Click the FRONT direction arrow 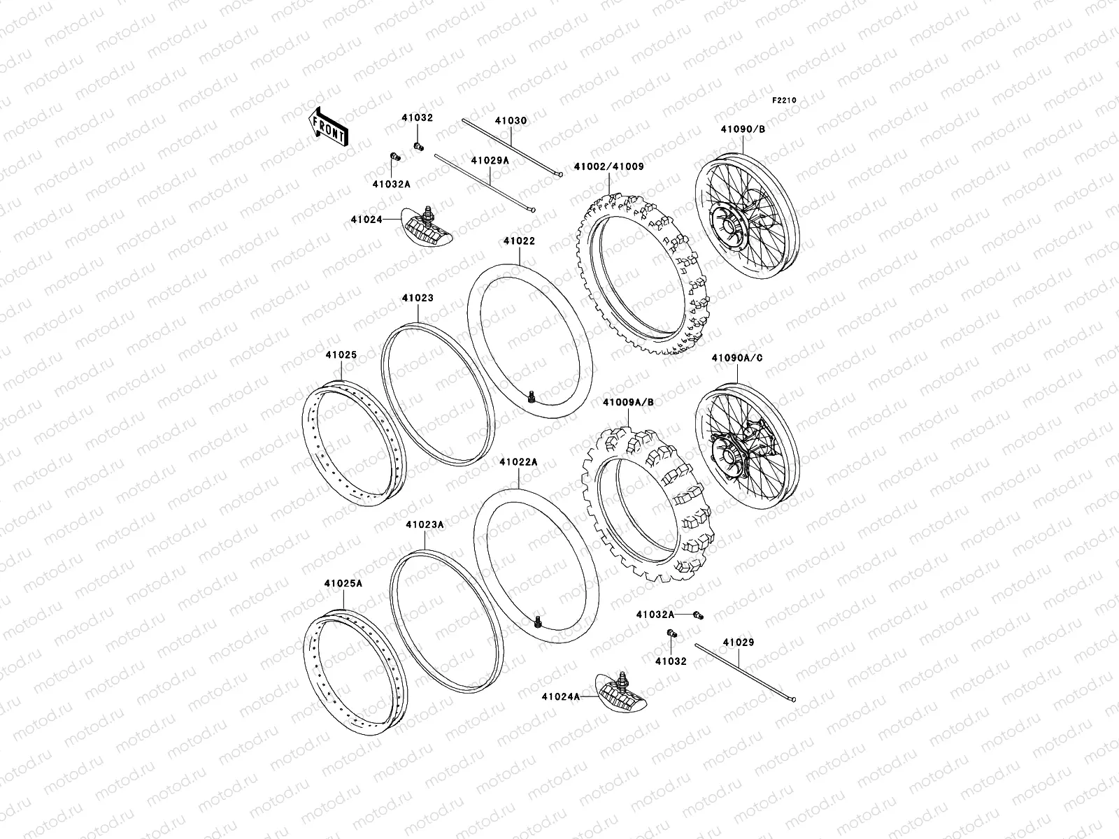329,127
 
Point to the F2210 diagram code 784,101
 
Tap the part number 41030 511,121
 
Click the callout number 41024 366,220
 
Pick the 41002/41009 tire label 608,167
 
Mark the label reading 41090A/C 737,358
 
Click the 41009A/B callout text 627,403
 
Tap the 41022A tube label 518,462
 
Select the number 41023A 425,524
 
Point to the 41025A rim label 343,582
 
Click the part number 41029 739,642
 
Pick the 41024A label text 560,696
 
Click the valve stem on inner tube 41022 531,396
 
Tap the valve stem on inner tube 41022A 539,620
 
